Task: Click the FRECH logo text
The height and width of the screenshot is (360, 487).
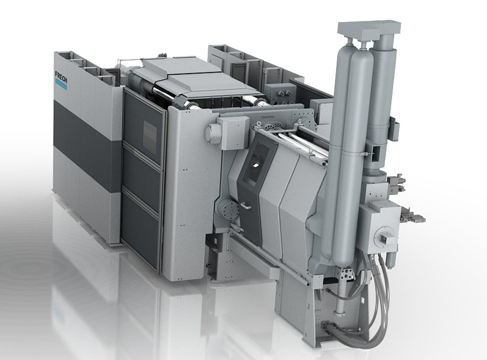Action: click(61, 76)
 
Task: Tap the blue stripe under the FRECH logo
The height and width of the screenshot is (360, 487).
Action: click(61, 82)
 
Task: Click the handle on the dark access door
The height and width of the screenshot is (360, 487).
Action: click(245, 206)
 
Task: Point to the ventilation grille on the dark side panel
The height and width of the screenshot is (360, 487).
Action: click(150, 132)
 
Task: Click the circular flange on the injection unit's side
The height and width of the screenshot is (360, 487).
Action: click(385, 238)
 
